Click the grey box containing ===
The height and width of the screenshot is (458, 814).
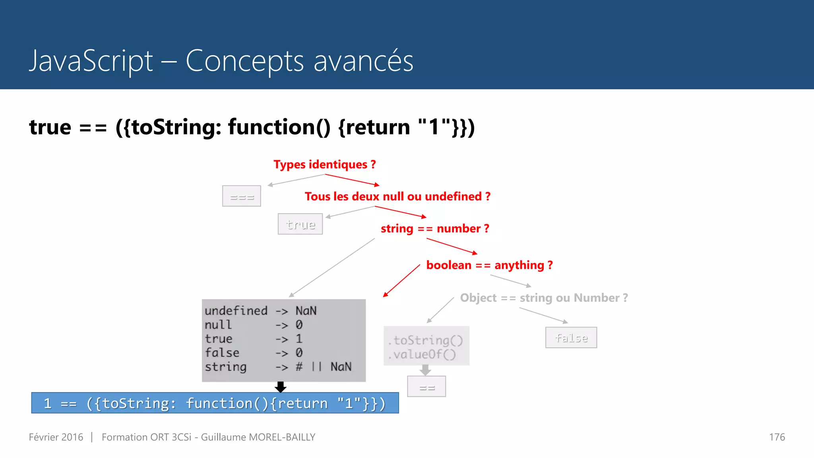pos(242,196)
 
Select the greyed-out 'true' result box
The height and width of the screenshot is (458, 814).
pos(300,224)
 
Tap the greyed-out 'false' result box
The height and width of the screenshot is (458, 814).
pos(571,338)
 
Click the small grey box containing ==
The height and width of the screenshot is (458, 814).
pos(426,386)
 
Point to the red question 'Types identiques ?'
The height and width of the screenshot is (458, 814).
pos(324,165)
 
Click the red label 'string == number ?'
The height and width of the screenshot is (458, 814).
pos(435,229)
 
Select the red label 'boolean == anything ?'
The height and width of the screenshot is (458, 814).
pos(489,265)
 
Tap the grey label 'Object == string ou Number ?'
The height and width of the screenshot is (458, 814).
pos(544,298)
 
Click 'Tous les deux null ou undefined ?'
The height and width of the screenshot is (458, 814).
pos(397,196)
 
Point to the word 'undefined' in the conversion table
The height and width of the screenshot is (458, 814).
pos(236,311)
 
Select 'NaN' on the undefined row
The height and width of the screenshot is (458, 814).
pos(306,311)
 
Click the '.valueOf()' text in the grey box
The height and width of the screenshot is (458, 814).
pos(422,354)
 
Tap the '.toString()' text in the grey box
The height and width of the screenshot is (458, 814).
pos(425,340)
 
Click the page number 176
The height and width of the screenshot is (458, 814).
pos(777,437)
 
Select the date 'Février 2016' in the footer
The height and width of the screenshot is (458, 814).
pos(56,437)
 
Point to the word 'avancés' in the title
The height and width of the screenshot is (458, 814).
pos(363,61)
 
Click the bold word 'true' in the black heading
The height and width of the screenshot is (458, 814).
pos(50,127)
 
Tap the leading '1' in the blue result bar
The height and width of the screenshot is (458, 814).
pos(48,403)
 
